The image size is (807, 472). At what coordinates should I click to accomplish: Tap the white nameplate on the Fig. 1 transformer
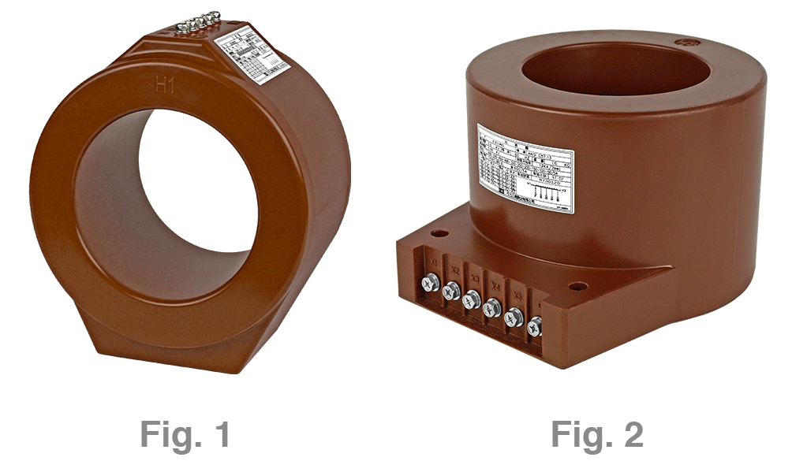[x=254, y=56]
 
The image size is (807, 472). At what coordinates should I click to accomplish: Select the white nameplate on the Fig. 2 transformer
[x=525, y=167]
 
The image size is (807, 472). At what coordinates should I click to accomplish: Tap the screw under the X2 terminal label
[x=451, y=292]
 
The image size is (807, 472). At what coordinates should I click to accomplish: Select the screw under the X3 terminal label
[x=472, y=299]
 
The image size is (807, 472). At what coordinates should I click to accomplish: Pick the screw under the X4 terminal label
[x=492, y=307]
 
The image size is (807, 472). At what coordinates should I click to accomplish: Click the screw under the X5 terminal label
[x=513, y=316]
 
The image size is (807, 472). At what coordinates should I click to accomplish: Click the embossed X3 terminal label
[x=474, y=278]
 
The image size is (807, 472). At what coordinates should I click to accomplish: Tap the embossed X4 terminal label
[x=495, y=285]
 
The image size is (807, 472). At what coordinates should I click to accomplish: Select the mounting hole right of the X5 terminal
[x=577, y=286]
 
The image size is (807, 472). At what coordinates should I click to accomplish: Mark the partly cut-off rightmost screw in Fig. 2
[x=535, y=325]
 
